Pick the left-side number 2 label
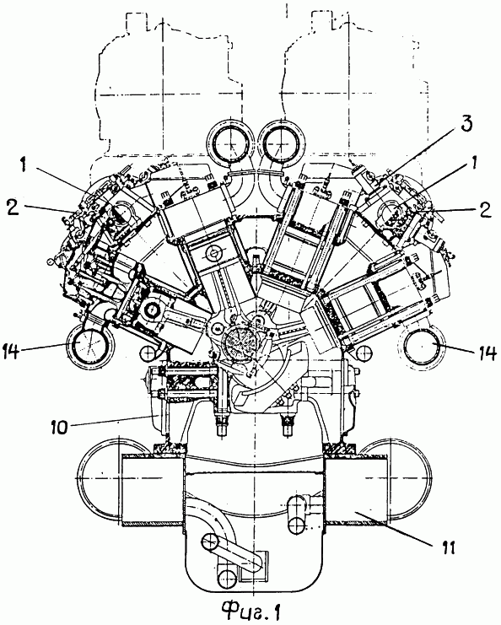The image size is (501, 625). (x=13, y=207)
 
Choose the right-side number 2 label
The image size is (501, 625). (x=485, y=210)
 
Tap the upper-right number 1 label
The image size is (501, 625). (x=474, y=164)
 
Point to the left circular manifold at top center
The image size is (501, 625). (x=231, y=142)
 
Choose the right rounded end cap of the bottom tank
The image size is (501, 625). (x=410, y=478)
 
